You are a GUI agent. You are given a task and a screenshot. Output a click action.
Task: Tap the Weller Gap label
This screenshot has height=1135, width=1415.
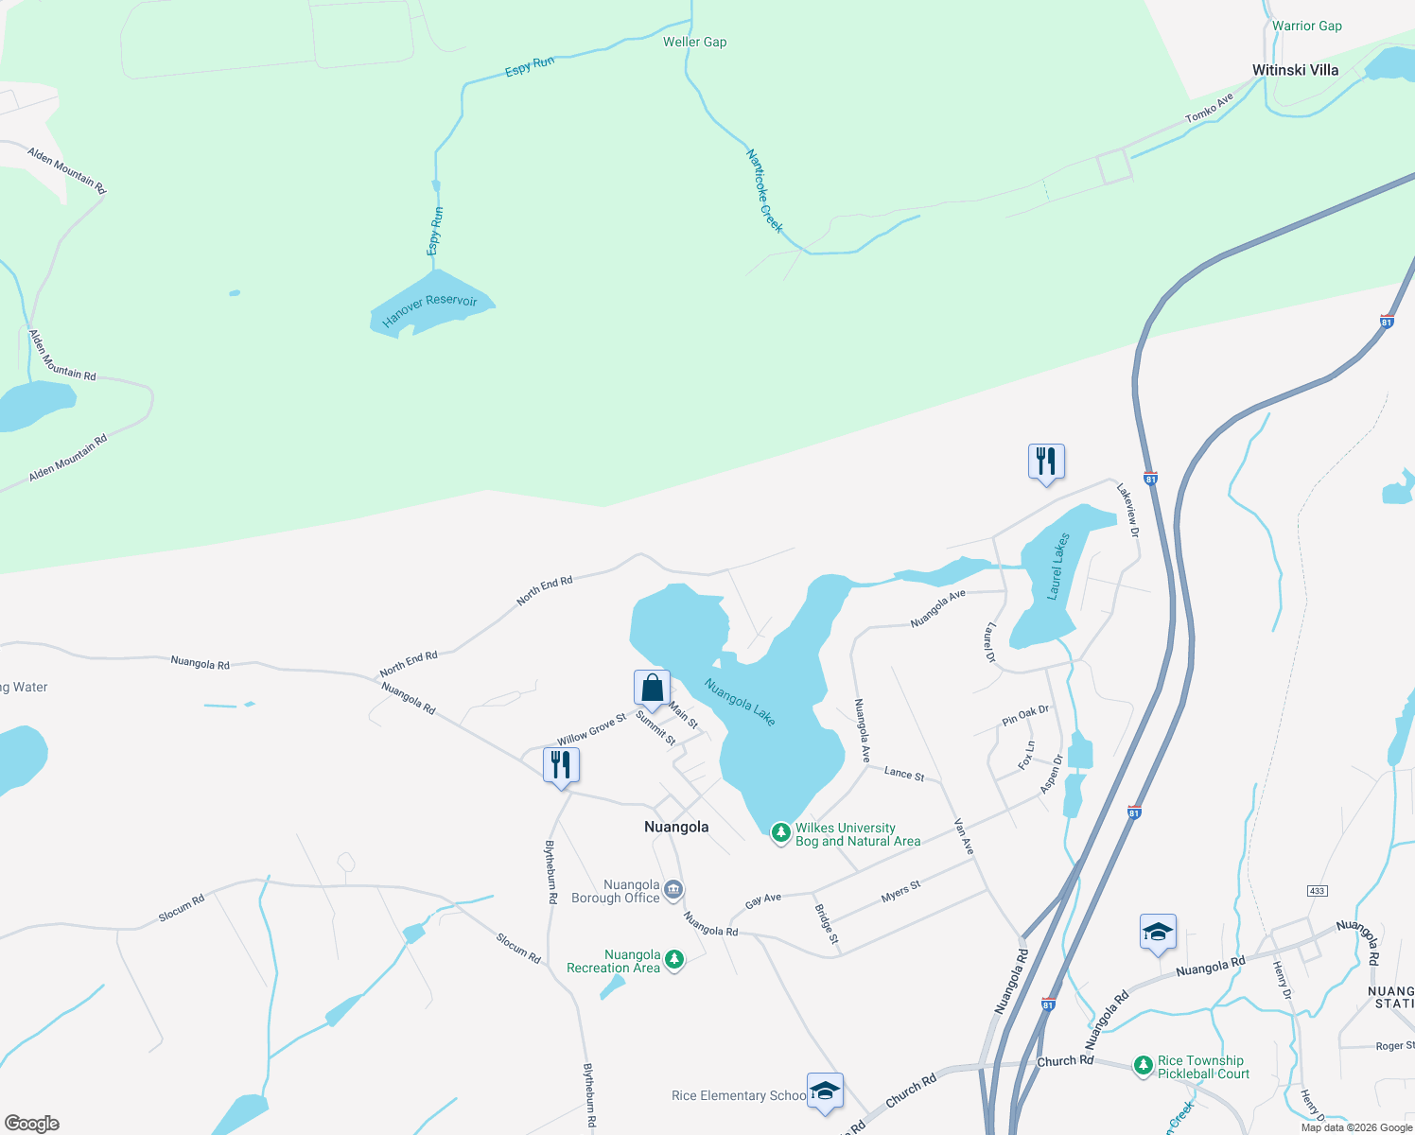pos(694,42)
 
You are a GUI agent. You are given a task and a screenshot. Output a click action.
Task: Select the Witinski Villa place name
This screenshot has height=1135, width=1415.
pos(1295,70)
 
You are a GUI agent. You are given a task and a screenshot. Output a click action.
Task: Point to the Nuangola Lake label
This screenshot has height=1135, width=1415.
pos(740,703)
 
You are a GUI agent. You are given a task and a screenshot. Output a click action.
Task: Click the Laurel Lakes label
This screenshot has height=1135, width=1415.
pos(1058,567)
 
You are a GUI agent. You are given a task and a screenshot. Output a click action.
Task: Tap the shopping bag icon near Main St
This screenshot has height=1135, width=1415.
pos(652,689)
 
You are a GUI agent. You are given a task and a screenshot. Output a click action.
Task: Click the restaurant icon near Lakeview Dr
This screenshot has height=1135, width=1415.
pos(1046,463)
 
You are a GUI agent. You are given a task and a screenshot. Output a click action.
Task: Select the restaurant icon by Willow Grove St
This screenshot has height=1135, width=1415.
pos(561,765)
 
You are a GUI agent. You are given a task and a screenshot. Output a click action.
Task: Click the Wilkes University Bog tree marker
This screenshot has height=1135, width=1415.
pos(780,832)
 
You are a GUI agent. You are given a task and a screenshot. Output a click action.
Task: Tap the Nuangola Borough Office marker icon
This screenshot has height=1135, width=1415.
pos(673,889)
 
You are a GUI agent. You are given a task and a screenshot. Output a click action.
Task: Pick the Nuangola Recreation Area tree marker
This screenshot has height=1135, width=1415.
pos(674,960)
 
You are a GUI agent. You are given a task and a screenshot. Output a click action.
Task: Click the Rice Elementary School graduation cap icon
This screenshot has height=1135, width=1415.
pos(825,1091)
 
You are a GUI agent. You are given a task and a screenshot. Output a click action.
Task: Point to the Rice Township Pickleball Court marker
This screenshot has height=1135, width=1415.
pos(1144,1066)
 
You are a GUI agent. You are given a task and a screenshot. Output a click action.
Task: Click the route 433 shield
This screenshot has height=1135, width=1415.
pos(1317,891)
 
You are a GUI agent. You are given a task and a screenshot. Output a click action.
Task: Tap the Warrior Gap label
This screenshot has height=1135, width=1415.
pos(1306,26)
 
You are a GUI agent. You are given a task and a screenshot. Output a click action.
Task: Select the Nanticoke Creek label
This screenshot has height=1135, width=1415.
pos(764,190)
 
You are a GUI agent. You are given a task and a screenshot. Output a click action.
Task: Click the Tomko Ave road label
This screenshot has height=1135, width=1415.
pos(1210,108)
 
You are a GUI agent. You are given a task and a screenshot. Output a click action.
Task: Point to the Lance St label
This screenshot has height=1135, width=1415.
pos(903,774)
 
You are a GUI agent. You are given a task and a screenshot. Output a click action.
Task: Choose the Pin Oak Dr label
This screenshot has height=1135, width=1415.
pos(1025,715)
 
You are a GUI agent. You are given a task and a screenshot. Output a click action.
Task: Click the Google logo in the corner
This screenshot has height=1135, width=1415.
pos(32,1124)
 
